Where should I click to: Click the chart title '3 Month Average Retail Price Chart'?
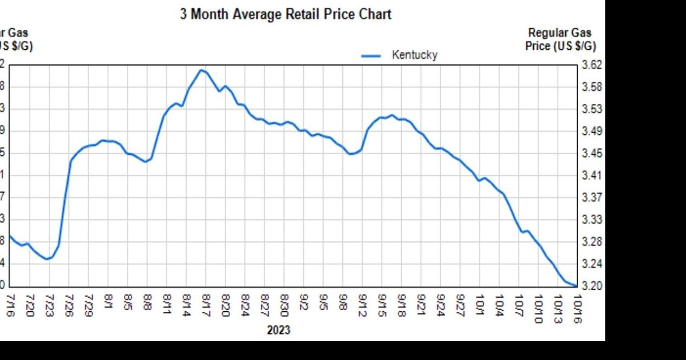[285, 15]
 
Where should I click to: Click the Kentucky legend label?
[414, 55]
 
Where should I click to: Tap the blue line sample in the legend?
[371, 55]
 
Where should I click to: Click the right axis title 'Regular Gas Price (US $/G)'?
[560, 40]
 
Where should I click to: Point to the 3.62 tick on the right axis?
[591, 65]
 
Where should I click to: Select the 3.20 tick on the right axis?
[591, 286]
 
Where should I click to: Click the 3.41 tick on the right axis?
[591, 175]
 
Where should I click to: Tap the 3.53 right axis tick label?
[591, 109]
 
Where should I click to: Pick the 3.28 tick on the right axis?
[591, 242]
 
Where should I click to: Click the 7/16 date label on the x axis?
[10, 306]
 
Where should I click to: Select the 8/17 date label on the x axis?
[206, 306]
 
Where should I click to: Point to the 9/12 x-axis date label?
[363, 306]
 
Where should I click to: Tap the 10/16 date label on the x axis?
[577, 309]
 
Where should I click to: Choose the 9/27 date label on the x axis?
[461, 306]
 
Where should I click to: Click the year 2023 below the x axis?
[278, 330]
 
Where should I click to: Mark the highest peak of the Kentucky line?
[201, 70]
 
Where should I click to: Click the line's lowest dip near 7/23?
[47, 259]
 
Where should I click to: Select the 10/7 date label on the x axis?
[519, 306]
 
